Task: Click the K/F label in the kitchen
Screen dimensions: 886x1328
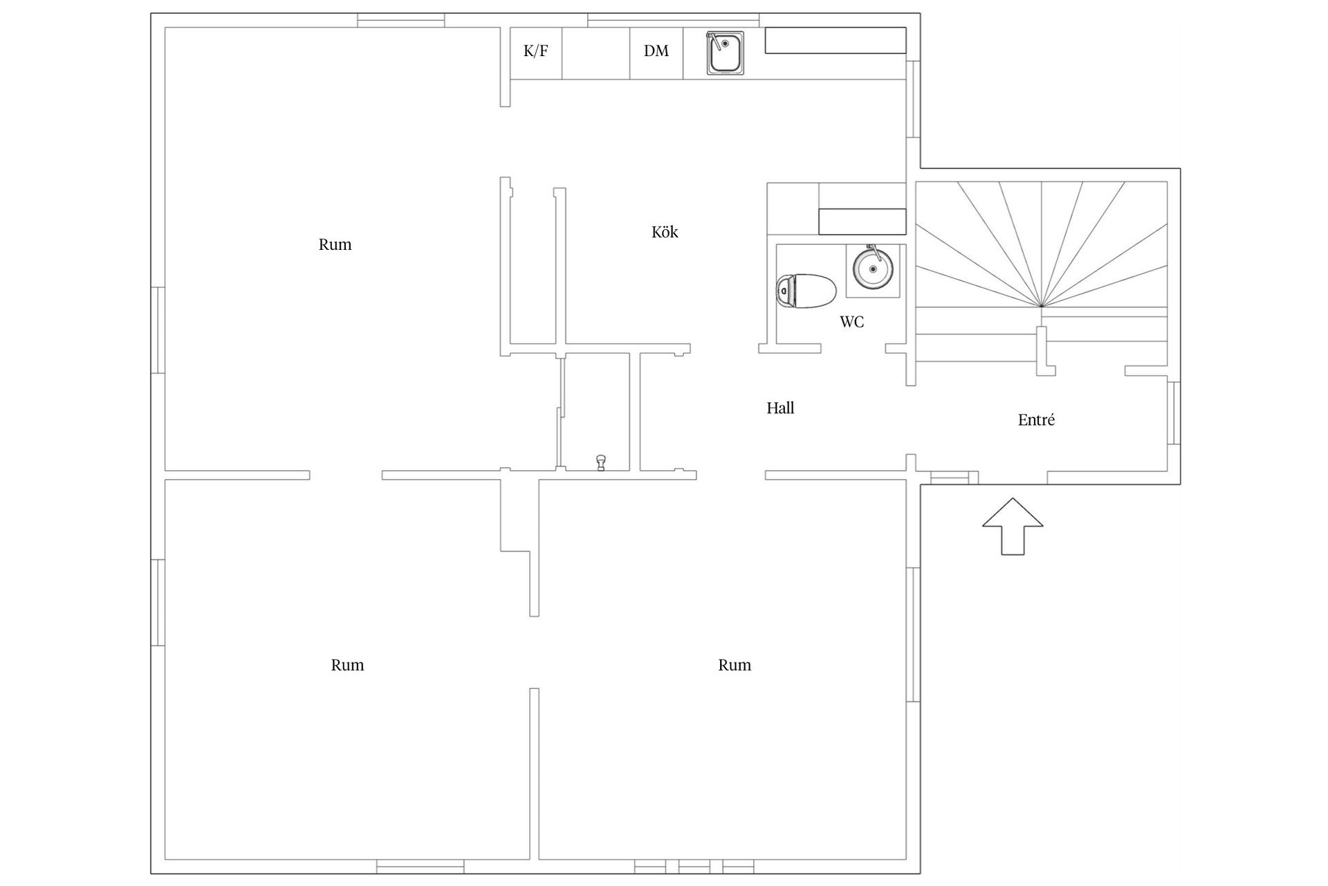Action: click(535, 51)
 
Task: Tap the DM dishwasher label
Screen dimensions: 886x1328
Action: click(656, 51)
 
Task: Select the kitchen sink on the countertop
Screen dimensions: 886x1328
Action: click(725, 53)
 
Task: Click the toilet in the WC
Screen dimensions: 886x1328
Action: click(806, 291)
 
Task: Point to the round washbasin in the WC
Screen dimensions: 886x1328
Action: click(872, 269)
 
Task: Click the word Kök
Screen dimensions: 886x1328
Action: click(665, 232)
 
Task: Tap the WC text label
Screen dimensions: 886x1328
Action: click(851, 322)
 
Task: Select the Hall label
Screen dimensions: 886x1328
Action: click(780, 408)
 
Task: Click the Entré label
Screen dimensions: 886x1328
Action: click(1036, 420)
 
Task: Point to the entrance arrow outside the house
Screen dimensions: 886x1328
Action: click(1013, 526)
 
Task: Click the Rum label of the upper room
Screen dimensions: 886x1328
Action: click(335, 244)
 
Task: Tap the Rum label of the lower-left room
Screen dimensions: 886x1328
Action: click(347, 665)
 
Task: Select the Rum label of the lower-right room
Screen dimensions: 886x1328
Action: click(734, 665)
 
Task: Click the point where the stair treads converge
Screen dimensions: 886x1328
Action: click(1041, 306)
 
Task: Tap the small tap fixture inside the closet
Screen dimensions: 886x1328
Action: click(601, 462)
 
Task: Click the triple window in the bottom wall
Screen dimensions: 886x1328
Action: click(694, 866)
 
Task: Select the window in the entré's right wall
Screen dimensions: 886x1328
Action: click(1173, 413)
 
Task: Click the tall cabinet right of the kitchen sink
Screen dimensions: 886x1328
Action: click(835, 40)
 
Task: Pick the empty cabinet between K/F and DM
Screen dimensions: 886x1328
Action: click(596, 53)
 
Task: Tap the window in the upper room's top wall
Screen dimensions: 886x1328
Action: click(400, 21)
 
